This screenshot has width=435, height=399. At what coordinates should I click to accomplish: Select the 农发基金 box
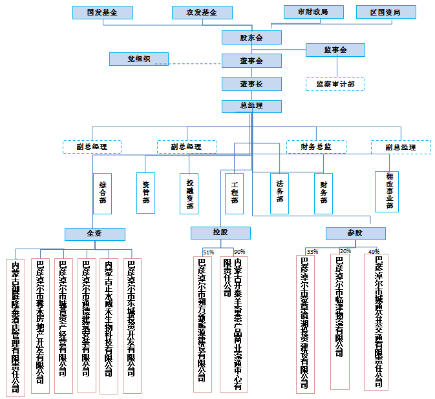tap(202, 12)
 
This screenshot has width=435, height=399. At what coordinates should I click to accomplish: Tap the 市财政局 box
tap(312, 12)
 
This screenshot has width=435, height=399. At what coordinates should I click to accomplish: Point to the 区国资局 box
tap(385, 12)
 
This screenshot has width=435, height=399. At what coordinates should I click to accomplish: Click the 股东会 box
tap(251, 37)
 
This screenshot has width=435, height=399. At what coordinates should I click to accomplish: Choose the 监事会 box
tap(335, 50)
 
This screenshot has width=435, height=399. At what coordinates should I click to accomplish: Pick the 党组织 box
tap(138, 59)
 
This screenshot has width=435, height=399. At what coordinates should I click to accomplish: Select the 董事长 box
tap(251, 83)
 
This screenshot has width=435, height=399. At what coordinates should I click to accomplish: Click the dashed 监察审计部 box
tap(335, 84)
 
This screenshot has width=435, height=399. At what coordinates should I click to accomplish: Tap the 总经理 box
tap(251, 106)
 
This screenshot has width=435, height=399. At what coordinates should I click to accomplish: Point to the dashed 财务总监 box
tap(316, 147)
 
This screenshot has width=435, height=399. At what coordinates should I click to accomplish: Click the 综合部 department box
tap(102, 192)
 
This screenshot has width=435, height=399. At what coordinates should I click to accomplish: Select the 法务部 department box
tap(279, 192)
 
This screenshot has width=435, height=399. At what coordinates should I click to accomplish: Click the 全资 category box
tap(94, 233)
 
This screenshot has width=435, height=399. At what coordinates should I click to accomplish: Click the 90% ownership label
tap(239, 252)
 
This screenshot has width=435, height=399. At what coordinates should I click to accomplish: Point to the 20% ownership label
tap(346, 251)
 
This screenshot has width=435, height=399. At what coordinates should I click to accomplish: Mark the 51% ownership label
tap(208, 252)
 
